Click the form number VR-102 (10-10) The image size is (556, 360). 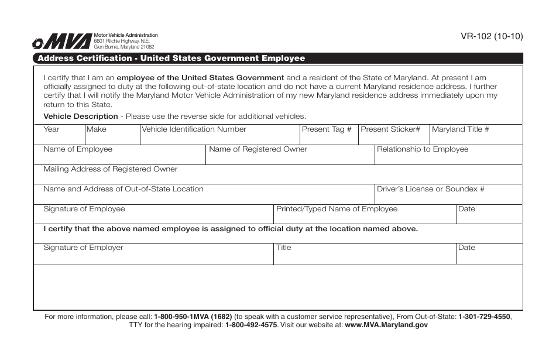(492, 36)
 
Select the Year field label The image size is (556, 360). (52, 129)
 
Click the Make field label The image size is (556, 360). (97, 129)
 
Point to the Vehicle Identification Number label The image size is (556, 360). (194, 129)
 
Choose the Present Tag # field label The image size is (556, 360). (327, 129)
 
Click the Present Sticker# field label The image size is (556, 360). (390, 129)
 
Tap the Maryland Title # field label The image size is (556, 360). (460, 129)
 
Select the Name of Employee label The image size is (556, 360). (78, 149)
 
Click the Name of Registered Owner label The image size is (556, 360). (258, 149)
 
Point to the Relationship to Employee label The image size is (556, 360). (423, 149)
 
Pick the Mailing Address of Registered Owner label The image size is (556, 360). (111, 169)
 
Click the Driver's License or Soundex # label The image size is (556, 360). (431, 189)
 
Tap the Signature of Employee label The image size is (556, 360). (84, 209)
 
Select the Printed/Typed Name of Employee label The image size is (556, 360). (337, 209)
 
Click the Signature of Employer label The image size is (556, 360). (84, 248)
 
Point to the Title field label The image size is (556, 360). (284, 248)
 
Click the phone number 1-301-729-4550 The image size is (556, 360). (485, 317)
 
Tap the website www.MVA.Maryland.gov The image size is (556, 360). (386, 325)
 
